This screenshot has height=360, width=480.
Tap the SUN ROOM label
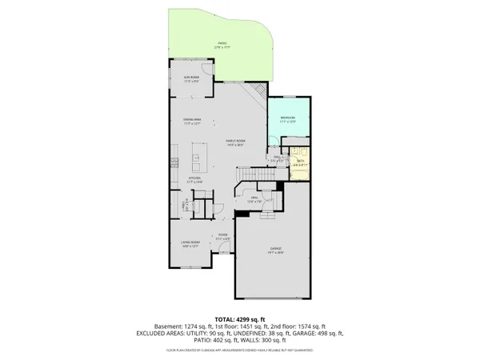click(x=191, y=78)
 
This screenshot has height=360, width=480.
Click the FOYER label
click(x=224, y=236)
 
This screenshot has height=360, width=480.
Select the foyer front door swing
click(x=230, y=254)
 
